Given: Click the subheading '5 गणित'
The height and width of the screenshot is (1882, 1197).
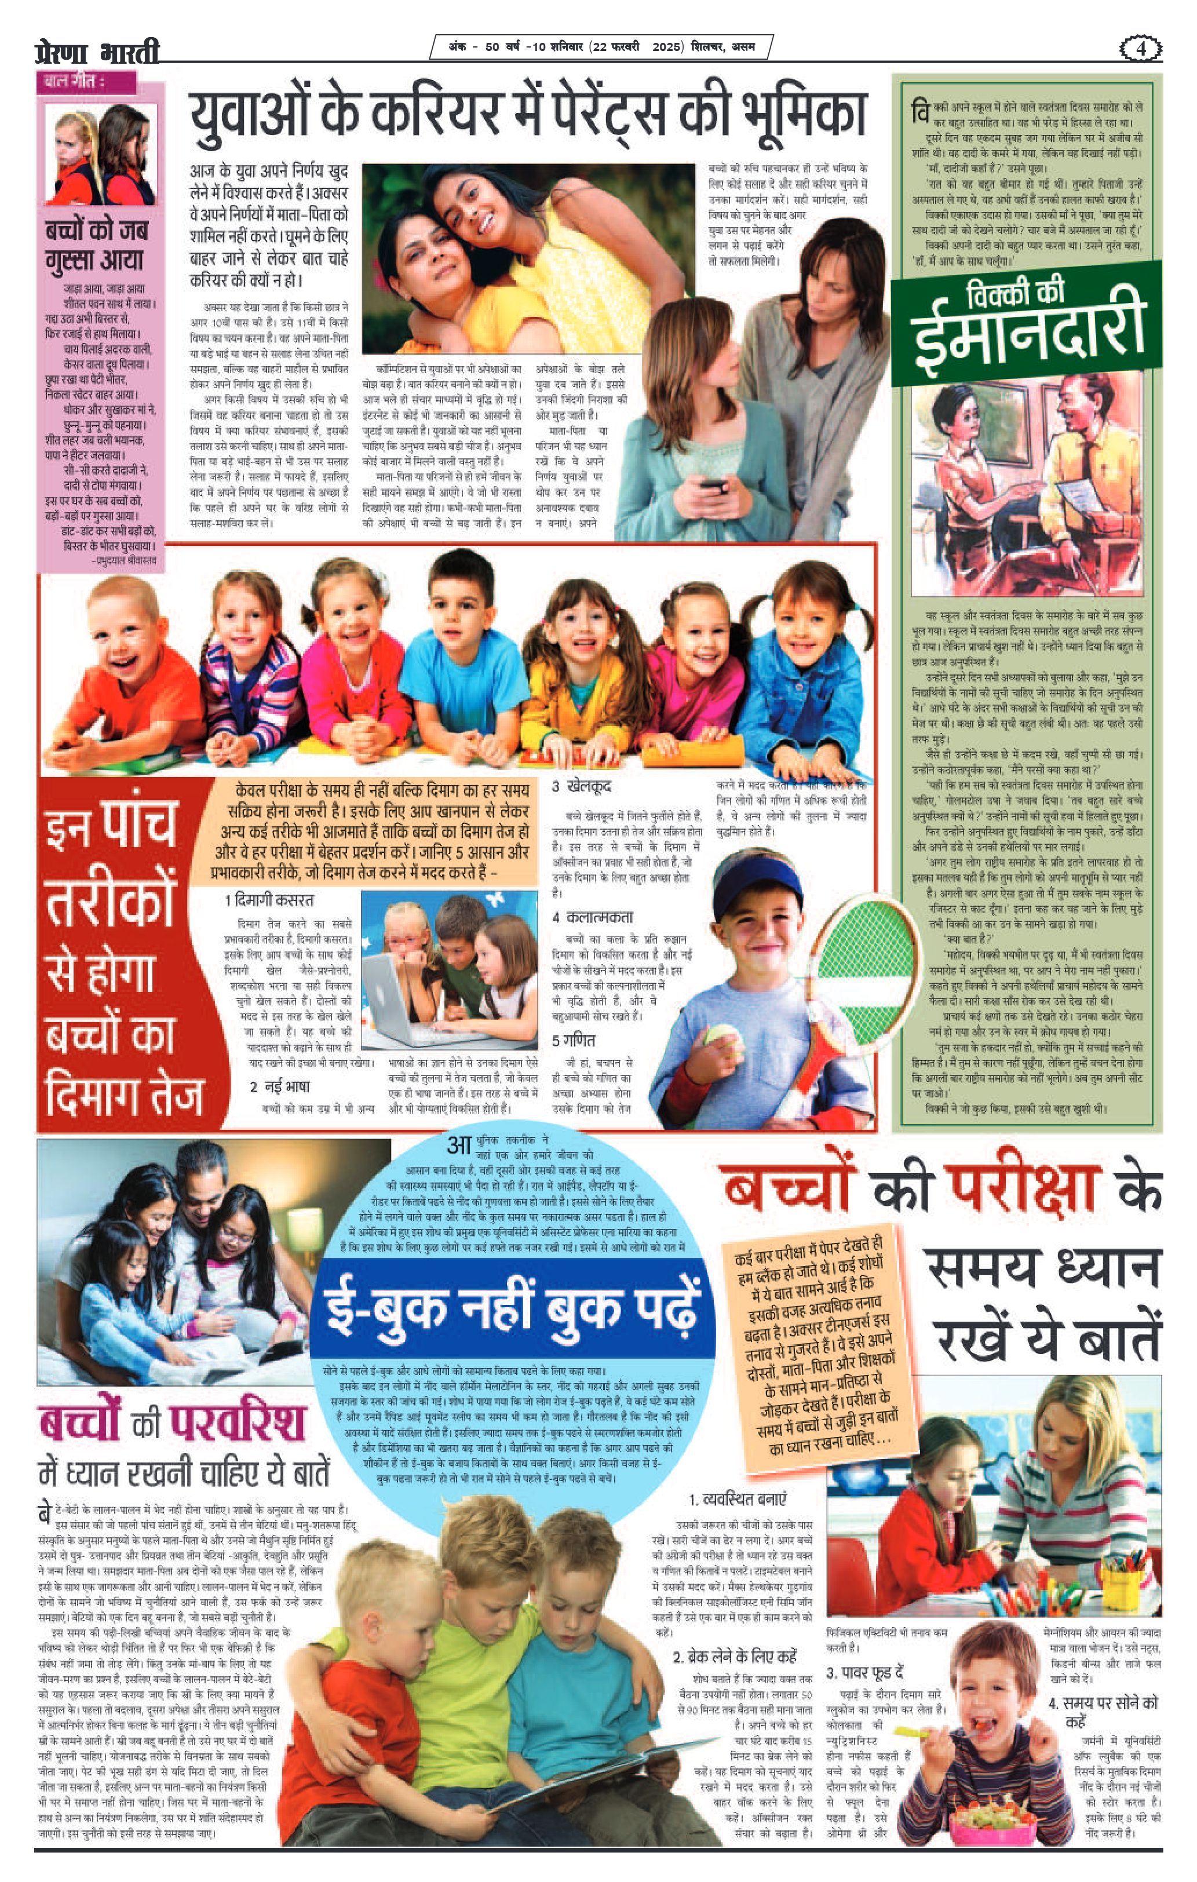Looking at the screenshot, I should click(x=574, y=1040).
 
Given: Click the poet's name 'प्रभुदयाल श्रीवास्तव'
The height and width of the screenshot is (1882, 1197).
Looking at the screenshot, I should click(x=125, y=560).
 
